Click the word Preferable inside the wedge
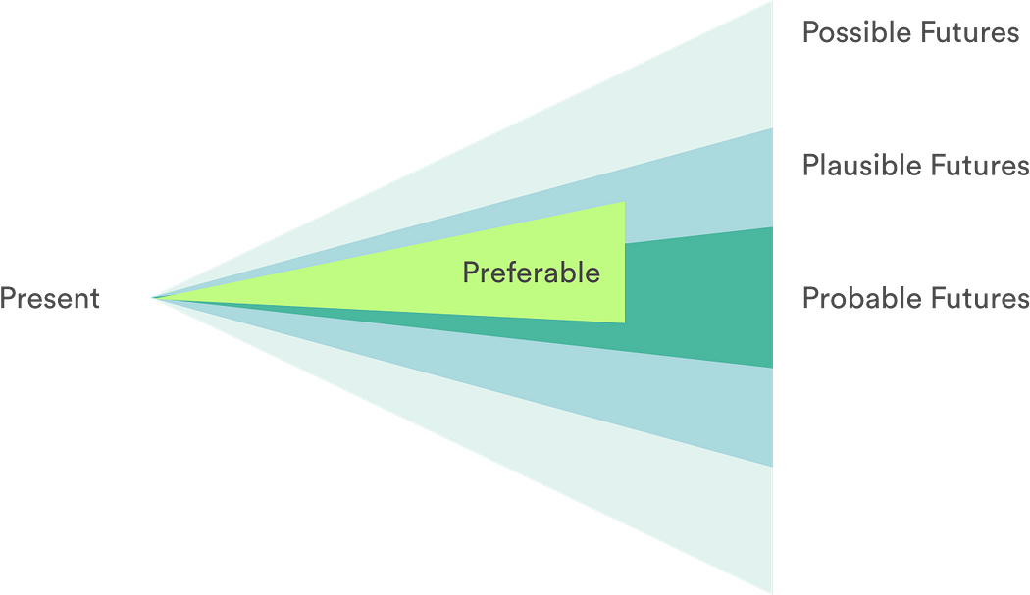click(x=531, y=273)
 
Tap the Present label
click(x=50, y=298)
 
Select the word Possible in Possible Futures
click(x=850, y=32)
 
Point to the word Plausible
click(x=855, y=165)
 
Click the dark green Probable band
click(x=701, y=304)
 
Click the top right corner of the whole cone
click(x=774, y=3)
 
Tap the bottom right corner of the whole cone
click(x=774, y=591)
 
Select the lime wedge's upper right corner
click(x=624, y=203)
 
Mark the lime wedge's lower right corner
click(x=624, y=322)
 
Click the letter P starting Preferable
click(x=470, y=273)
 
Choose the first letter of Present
click(x=7, y=298)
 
